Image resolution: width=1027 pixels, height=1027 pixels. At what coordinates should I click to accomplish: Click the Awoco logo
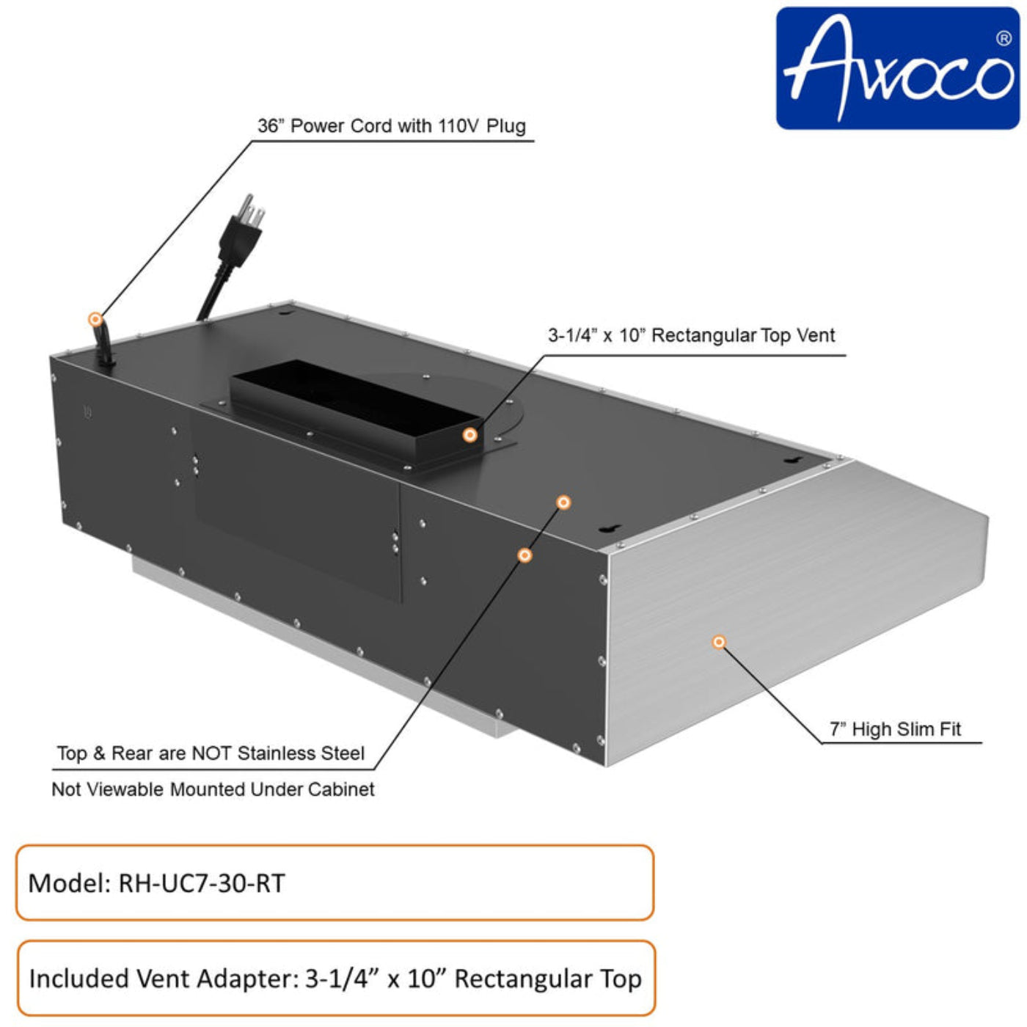(x=897, y=68)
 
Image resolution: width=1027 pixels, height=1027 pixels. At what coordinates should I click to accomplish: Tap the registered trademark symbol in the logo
(x=1003, y=38)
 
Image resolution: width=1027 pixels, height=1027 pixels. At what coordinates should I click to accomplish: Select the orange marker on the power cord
(x=95, y=319)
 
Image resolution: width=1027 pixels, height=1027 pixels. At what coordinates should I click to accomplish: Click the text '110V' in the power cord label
(x=458, y=126)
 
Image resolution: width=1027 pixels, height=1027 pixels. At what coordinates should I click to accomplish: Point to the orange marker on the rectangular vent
(x=470, y=435)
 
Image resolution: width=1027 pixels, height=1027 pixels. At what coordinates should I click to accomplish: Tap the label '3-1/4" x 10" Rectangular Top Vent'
(x=691, y=336)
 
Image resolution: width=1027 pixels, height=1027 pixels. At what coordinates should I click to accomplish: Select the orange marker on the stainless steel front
(x=719, y=642)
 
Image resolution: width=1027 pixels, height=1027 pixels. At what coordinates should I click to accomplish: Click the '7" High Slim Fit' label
(x=895, y=729)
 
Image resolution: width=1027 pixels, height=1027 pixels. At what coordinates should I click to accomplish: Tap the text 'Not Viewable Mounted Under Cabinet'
(x=213, y=789)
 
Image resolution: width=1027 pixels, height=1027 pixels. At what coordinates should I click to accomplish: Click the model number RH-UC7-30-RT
(x=202, y=883)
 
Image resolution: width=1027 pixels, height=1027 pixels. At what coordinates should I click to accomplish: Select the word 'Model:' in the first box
(x=69, y=883)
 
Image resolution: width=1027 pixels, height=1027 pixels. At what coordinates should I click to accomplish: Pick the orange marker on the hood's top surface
(x=563, y=502)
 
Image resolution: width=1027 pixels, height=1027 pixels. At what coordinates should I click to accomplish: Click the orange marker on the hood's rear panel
(x=525, y=555)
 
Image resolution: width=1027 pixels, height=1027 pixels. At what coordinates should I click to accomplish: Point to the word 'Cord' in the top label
(x=370, y=126)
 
